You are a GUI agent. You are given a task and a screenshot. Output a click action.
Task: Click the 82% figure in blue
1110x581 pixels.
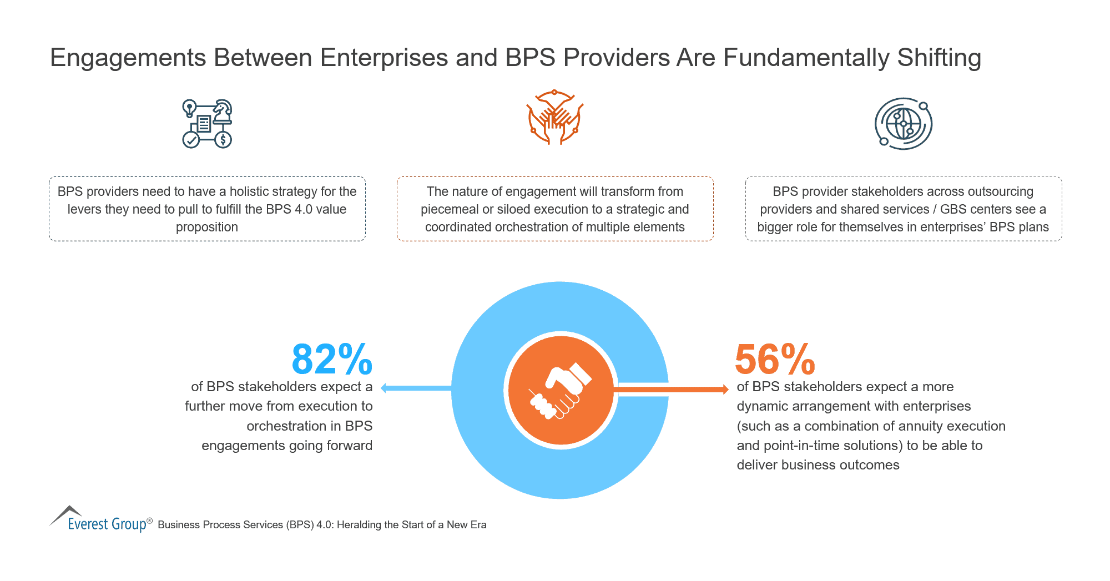[332, 360]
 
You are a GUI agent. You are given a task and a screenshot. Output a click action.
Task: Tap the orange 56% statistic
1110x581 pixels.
[775, 360]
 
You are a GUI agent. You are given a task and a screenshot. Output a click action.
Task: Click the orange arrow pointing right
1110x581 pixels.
[672, 390]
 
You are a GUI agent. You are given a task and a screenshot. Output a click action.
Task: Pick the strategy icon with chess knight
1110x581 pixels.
[207, 124]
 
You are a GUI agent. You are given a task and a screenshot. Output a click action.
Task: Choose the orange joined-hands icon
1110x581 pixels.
[554, 117]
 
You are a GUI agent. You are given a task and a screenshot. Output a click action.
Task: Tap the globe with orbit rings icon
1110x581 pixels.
[903, 124]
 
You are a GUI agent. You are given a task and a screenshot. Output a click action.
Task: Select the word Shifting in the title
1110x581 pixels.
[939, 58]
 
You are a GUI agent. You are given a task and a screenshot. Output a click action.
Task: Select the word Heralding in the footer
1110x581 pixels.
[359, 525]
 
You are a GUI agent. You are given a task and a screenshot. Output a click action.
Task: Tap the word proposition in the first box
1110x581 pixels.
[207, 228]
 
